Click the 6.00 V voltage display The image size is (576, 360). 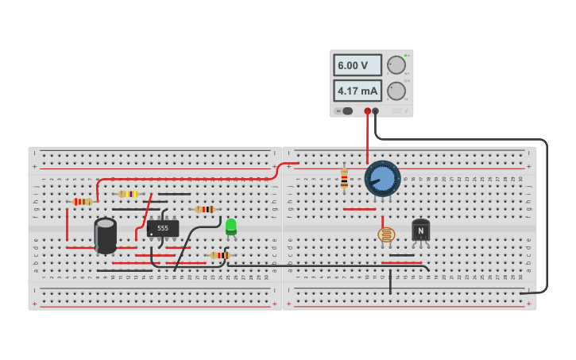[x=357, y=65]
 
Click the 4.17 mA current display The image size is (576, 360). [x=357, y=91]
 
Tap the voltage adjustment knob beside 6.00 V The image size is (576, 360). [x=396, y=65]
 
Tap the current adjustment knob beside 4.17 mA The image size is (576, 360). [x=396, y=91]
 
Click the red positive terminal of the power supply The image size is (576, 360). [x=367, y=111]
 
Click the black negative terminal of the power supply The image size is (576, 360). [x=376, y=111]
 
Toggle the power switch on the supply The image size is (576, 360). [x=346, y=111]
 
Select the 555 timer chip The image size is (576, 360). [x=163, y=228]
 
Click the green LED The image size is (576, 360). [x=231, y=226]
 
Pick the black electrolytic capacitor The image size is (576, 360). [x=106, y=235]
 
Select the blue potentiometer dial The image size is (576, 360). [x=382, y=179]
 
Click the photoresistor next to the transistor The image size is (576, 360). [x=386, y=234]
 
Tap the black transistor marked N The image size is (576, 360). [x=421, y=230]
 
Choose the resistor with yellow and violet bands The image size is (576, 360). [x=127, y=194]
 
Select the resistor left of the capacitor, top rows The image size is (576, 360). [x=82, y=202]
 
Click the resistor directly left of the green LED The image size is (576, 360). [x=205, y=210]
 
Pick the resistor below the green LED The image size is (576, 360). [x=220, y=255]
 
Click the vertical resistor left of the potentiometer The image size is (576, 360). [x=344, y=180]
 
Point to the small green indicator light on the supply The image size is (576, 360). [x=405, y=56]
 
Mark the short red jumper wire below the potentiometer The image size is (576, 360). [x=359, y=209]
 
